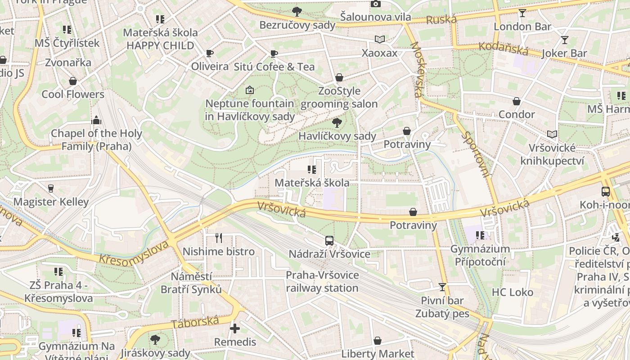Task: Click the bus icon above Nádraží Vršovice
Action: tap(329, 241)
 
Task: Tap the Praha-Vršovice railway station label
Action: tap(322, 281)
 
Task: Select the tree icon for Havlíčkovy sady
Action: tap(336, 122)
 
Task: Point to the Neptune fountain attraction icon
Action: tap(250, 90)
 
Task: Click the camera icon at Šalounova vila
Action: tap(375, 4)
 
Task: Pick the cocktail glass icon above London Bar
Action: tap(522, 13)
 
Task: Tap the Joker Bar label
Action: tap(564, 53)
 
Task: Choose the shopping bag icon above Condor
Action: tap(517, 101)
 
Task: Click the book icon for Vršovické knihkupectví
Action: tap(552, 134)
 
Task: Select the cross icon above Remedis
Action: tap(234, 328)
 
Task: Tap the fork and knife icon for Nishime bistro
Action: tap(219, 238)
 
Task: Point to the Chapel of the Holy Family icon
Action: tap(96, 120)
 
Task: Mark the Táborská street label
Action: tap(195, 322)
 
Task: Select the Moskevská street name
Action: tap(416, 70)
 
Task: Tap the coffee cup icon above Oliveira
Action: tap(210, 54)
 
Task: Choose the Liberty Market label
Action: tap(378, 353)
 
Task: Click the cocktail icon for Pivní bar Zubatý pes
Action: tap(442, 287)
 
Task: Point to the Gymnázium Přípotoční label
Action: tap(480, 255)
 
